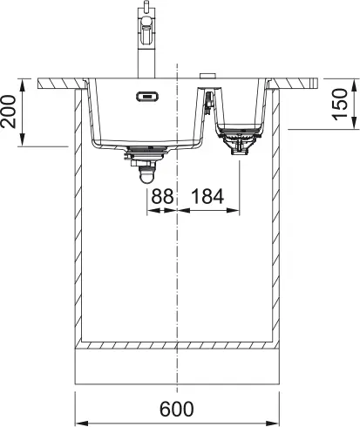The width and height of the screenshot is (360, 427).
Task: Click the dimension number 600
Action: pyautogui.click(x=179, y=410)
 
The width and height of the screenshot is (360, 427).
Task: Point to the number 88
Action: pyautogui.click(x=162, y=198)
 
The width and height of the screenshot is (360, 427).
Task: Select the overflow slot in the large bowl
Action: pyautogui.click(x=146, y=97)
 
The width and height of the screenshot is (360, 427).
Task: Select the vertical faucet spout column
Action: pyautogui.click(x=141, y=52)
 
